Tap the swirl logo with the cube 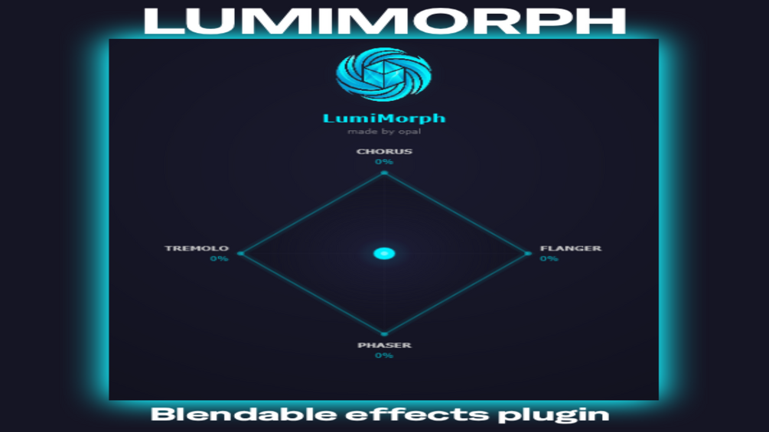pyautogui.click(x=384, y=74)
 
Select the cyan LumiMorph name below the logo pyautogui.click(x=384, y=118)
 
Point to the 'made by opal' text pyautogui.click(x=384, y=132)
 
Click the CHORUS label pyautogui.click(x=384, y=151)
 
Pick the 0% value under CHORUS pyautogui.click(x=384, y=162)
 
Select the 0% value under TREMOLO pyautogui.click(x=219, y=258)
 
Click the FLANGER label pyautogui.click(x=571, y=248)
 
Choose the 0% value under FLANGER pyautogui.click(x=549, y=258)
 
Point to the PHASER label pyautogui.click(x=384, y=346)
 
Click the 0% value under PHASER pyautogui.click(x=384, y=356)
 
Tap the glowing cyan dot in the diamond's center pyautogui.click(x=384, y=254)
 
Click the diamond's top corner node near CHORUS pyautogui.click(x=384, y=173)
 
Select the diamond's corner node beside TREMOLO pyautogui.click(x=240, y=254)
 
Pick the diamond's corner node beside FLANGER pyautogui.click(x=528, y=254)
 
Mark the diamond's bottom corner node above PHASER pyautogui.click(x=384, y=334)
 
